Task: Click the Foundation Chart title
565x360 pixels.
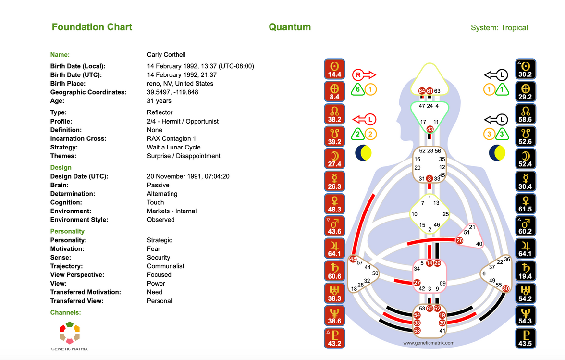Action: coord(92,27)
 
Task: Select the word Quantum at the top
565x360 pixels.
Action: coord(290,27)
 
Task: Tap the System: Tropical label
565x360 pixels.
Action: coord(499,28)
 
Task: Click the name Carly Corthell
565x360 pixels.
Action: coord(166,55)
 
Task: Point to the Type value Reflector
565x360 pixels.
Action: coord(160,112)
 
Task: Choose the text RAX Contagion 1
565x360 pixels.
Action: coord(172,138)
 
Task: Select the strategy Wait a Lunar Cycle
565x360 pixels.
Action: coord(173,147)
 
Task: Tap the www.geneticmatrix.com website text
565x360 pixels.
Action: coord(429,343)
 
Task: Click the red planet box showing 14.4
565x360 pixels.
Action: coord(334,69)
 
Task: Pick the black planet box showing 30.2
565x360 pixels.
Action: coord(526,69)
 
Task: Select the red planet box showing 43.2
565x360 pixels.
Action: coord(334,338)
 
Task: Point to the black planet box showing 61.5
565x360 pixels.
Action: coord(526,204)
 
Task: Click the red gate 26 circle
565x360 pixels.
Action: coord(460,240)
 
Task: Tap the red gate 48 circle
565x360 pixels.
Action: coord(354,260)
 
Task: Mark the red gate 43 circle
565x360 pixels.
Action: coord(430,129)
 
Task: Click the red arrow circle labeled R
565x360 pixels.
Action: coord(358,74)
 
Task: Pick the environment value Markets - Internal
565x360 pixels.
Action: coord(172,211)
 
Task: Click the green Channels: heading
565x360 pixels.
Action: coord(65,312)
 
